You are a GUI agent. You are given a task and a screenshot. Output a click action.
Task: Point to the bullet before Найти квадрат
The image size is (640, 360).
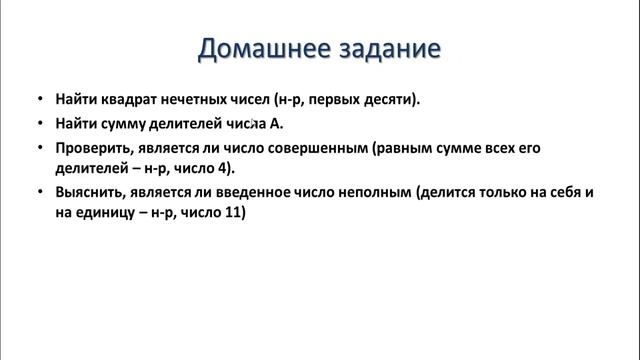coord(38,101)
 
